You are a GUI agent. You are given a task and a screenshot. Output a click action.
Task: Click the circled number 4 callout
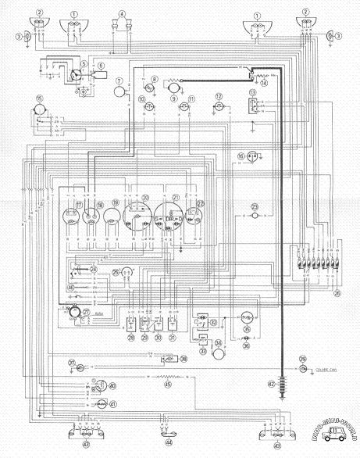(122, 13)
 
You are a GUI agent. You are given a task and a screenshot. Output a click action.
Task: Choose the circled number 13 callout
(253, 92)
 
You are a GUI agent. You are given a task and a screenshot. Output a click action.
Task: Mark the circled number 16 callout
(241, 156)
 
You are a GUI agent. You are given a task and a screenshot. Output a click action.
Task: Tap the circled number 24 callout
(93, 269)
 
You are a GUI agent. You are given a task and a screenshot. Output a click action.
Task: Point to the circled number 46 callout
(71, 287)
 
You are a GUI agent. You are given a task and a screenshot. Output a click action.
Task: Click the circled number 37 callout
(71, 363)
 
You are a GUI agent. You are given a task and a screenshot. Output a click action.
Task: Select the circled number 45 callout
(166, 384)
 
